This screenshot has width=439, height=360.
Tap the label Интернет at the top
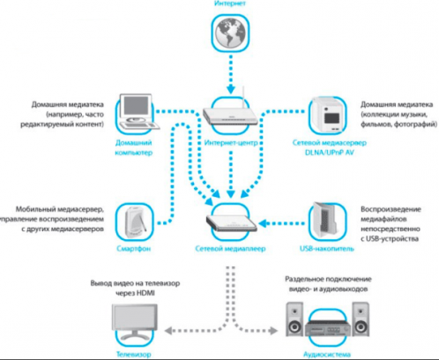click(x=231, y=5)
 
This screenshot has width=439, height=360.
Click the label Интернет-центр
click(x=231, y=141)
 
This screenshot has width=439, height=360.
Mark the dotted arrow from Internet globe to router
click(x=231, y=77)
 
